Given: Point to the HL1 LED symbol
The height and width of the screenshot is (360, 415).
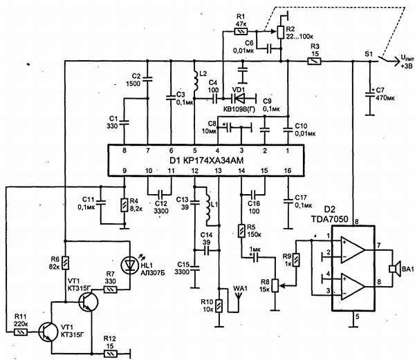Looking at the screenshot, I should pos(129,264).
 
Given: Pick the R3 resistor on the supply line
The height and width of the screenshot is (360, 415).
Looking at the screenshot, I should pos(315,61).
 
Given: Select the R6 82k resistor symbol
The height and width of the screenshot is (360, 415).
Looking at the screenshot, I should pos(64,263).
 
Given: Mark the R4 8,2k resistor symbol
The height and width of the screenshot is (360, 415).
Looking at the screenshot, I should pos(123,205).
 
